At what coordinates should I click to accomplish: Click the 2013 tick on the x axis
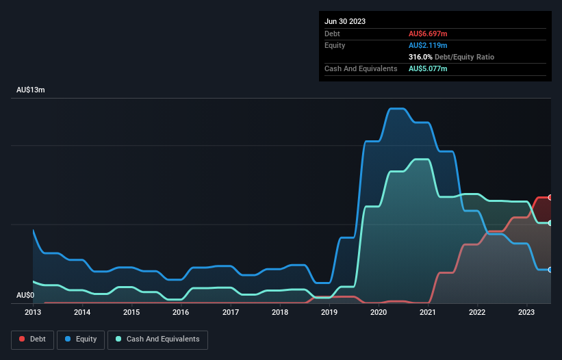33,313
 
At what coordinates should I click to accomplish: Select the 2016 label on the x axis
181,313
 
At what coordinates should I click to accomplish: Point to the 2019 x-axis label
329,313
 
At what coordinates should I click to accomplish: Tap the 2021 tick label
428,313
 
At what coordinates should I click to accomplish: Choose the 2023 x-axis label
526,313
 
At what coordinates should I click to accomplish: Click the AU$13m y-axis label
31,90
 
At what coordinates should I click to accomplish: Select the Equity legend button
81,339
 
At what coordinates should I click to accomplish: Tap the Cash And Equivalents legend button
157,339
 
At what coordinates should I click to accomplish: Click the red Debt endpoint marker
550,197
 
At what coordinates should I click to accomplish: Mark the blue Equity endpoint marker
550,270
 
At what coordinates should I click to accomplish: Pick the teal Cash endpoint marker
550,223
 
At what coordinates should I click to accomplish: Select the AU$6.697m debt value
428,34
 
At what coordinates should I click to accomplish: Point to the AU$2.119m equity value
428,45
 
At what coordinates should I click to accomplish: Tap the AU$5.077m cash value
428,69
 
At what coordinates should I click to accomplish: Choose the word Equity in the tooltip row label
335,45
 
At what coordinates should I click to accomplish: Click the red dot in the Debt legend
22,339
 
